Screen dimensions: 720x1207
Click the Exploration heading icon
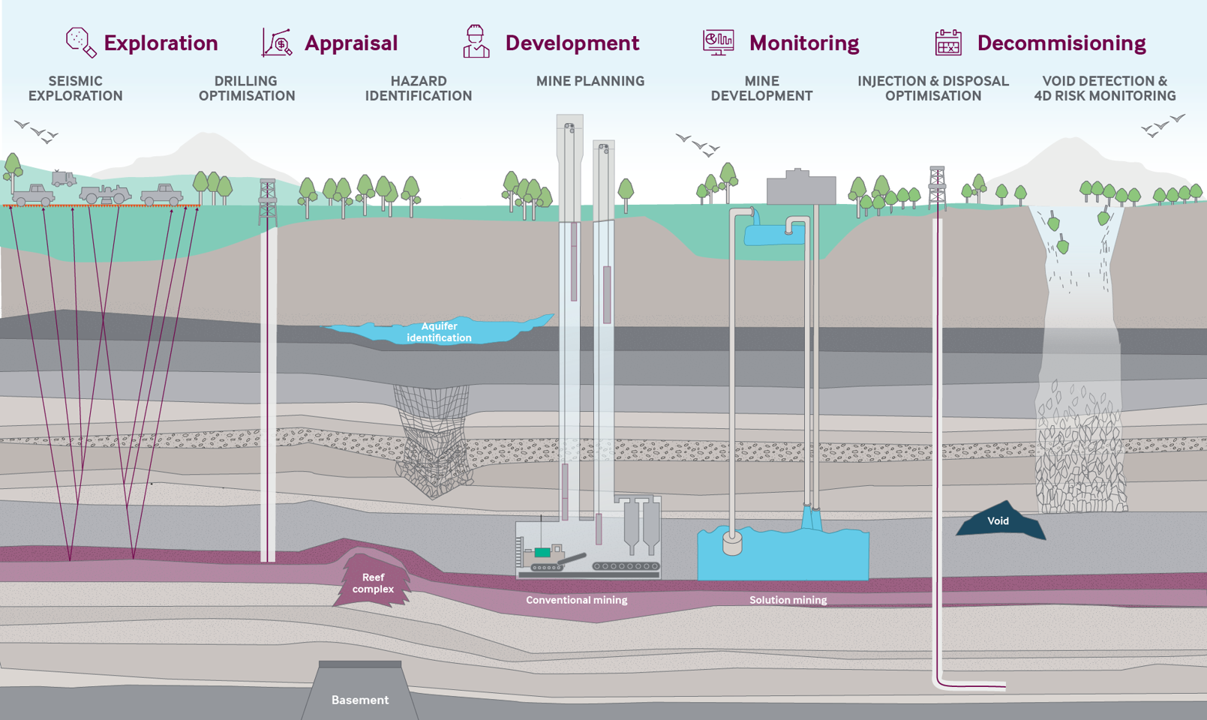[80, 42]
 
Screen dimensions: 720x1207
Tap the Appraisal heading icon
[277, 42]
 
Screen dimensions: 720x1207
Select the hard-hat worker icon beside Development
[476, 41]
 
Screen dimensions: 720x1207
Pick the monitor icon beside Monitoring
[718, 42]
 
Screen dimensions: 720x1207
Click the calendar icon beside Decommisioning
[948, 42]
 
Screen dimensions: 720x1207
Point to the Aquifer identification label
[439, 331]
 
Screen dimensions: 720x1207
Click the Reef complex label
[373, 583]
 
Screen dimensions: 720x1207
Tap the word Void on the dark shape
[998, 520]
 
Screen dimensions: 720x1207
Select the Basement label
[360, 700]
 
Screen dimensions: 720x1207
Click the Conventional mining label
[576, 600]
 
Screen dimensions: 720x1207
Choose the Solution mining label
[788, 600]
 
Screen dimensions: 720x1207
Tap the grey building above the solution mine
[800, 187]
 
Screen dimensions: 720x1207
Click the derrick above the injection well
[937, 187]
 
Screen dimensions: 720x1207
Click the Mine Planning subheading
[590, 81]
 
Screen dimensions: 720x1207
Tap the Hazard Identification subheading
[418, 88]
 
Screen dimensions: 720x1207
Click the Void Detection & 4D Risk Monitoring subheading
[1104, 88]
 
